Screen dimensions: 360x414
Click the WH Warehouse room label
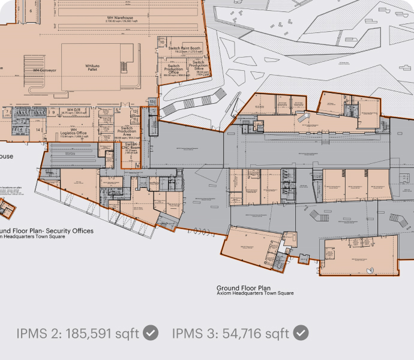pos(119,18)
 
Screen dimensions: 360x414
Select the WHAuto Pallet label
pos(92,67)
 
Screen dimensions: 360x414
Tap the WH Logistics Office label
pos(74,131)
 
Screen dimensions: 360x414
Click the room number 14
pos(38,130)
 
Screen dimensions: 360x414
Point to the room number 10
pos(162,42)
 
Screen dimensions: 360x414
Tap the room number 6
pos(31,11)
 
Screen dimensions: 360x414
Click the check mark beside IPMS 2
pos(152,332)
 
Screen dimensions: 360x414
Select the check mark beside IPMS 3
pos(301,332)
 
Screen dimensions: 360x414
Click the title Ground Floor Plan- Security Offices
pos(47,230)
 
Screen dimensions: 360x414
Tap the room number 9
pos(53,112)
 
